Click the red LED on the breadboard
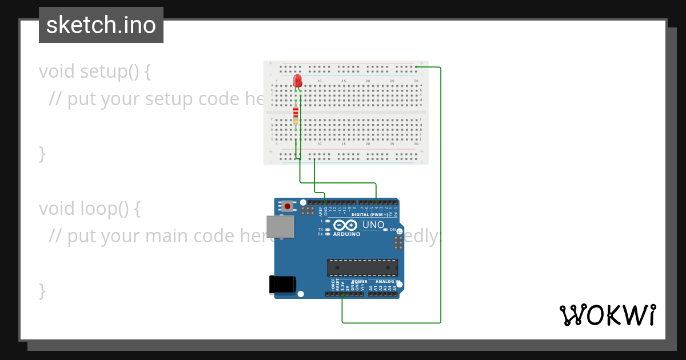coord(297,81)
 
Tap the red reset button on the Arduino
coord(287,205)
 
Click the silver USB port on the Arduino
coord(280,226)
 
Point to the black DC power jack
coord(283,284)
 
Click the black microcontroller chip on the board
coord(362,267)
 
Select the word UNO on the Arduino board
coord(373,225)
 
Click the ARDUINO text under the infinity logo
coord(346,234)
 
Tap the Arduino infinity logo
coord(346,225)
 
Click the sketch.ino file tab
coord(101,25)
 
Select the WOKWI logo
coord(607,315)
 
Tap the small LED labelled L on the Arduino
coord(328,221)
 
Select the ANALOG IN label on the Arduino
coord(384,282)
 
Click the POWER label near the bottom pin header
coord(359,282)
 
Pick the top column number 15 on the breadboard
coord(344,81)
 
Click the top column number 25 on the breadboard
coord(392,81)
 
